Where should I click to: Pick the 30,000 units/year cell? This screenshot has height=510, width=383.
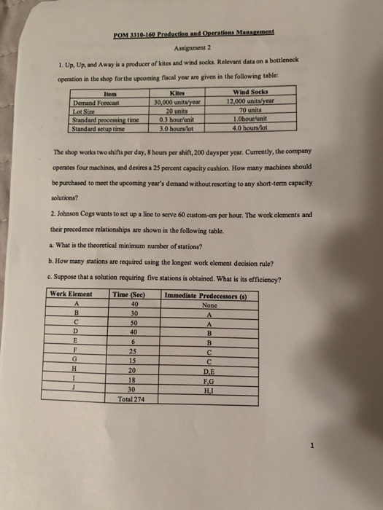[179, 103]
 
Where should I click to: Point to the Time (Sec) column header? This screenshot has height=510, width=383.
[131, 294]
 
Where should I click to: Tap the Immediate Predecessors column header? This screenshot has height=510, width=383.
[207, 294]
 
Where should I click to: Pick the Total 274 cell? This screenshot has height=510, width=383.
[132, 399]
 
